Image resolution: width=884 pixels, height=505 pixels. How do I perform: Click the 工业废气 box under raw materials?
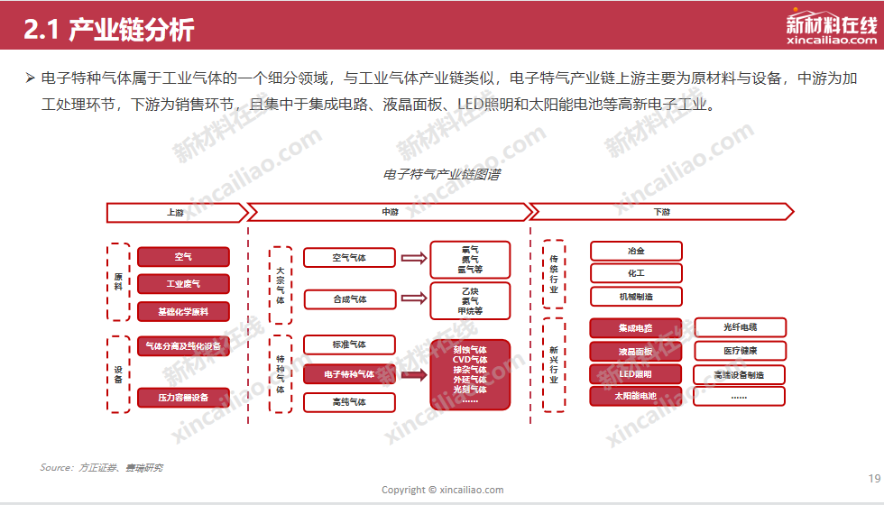pyautogui.click(x=183, y=284)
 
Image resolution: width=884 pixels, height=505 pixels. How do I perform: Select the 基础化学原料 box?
pyautogui.click(x=183, y=312)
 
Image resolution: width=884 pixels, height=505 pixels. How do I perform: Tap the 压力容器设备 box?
pyautogui.click(x=183, y=397)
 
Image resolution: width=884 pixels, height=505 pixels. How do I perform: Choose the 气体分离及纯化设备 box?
pyautogui.click(x=183, y=346)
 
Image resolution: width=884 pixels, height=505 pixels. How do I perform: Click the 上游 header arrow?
pyautogui.click(x=176, y=213)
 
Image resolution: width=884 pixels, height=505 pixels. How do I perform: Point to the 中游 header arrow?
pyautogui.click(x=390, y=213)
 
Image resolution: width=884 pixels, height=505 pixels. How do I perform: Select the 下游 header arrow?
pyautogui.click(x=661, y=213)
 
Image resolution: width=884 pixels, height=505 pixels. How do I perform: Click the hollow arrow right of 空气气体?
pyautogui.click(x=413, y=258)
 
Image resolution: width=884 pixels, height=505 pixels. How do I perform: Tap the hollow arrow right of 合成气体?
pyautogui.click(x=413, y=298)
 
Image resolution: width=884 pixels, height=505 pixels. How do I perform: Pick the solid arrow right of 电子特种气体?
pyautogui.click(x=413, y=374)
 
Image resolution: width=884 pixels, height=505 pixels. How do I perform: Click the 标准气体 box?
pyautogui.click(x=349, y=344)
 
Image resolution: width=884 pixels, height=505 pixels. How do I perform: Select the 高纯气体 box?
pyautogui.click(x=349, y=402)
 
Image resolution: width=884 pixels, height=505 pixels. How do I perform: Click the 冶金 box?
pyautogui.click(x=636, y=251)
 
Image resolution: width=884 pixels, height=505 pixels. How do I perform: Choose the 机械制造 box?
pyautogui.click(x=636, y=296)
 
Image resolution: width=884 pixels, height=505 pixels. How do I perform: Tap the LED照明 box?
pyautogui.click(x=636, y=374)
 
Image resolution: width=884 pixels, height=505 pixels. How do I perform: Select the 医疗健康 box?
pyautogui.click(x=740, y=351)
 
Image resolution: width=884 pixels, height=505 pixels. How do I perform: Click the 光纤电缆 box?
pyautogui.click(x=740, y=327)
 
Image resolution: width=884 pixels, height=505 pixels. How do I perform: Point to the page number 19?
pyautogui.click(x=873, y=478)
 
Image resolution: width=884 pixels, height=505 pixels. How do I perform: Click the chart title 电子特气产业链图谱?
pyautogui.click(x=442, y=175)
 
